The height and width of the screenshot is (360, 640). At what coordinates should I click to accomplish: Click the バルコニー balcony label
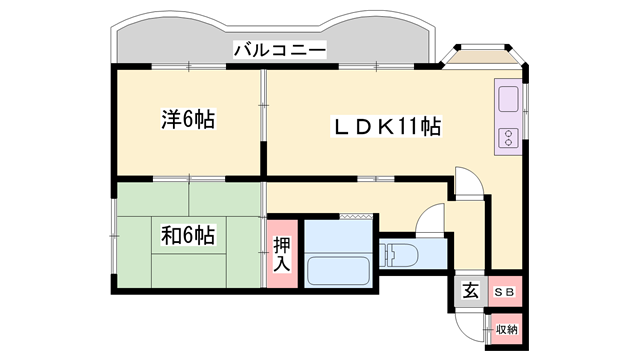tap(280, 50)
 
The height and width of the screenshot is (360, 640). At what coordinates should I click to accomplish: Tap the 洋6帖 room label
tap(188, 120)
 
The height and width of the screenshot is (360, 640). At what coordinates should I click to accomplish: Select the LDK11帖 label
tap(386, 126)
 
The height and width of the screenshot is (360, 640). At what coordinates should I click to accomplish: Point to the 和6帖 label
tap(188, 236)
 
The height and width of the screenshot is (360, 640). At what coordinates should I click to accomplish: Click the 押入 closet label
tap(282, 254)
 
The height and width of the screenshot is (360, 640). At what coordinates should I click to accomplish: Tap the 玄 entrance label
tap(470, 291)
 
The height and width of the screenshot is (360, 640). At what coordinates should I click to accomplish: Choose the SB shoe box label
tap(505, 292)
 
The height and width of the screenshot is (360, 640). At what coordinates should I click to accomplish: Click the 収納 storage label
tap(507, 329)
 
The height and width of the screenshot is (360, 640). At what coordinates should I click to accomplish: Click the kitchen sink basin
tap(508, 99)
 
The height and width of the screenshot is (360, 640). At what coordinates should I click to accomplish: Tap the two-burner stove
tap(508, 138)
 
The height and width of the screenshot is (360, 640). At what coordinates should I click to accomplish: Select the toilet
tap(398, 256)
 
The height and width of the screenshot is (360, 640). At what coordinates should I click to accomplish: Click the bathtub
tap(338, 271)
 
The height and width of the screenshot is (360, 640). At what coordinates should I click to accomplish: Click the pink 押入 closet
tap(282, 253)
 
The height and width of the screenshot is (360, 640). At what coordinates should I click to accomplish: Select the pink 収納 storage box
tap(507, 329)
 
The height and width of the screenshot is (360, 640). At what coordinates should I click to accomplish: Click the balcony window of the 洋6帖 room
tap(189, 66)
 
